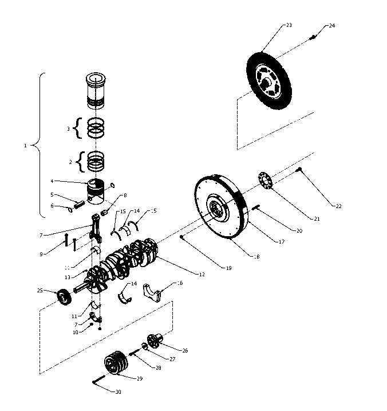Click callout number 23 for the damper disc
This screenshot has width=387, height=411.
coord(289,25)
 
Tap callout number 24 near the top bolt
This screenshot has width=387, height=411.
coord(333,26)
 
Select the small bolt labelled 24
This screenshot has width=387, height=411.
coord(313,37)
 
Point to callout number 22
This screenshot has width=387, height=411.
coord(338,206)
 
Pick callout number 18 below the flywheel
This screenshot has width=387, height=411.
coord(256,257)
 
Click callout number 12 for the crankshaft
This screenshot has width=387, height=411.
coord(201,275)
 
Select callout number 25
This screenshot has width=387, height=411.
coord(40,291)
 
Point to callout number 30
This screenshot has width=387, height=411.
coord(118,392)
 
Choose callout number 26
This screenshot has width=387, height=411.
coord(185,350)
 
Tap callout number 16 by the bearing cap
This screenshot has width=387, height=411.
coord(180,283)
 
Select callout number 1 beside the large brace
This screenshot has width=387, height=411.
coord(25,146)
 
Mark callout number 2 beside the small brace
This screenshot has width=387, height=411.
coord(70,162)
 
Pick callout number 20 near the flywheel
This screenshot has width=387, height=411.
coord(299,231)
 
